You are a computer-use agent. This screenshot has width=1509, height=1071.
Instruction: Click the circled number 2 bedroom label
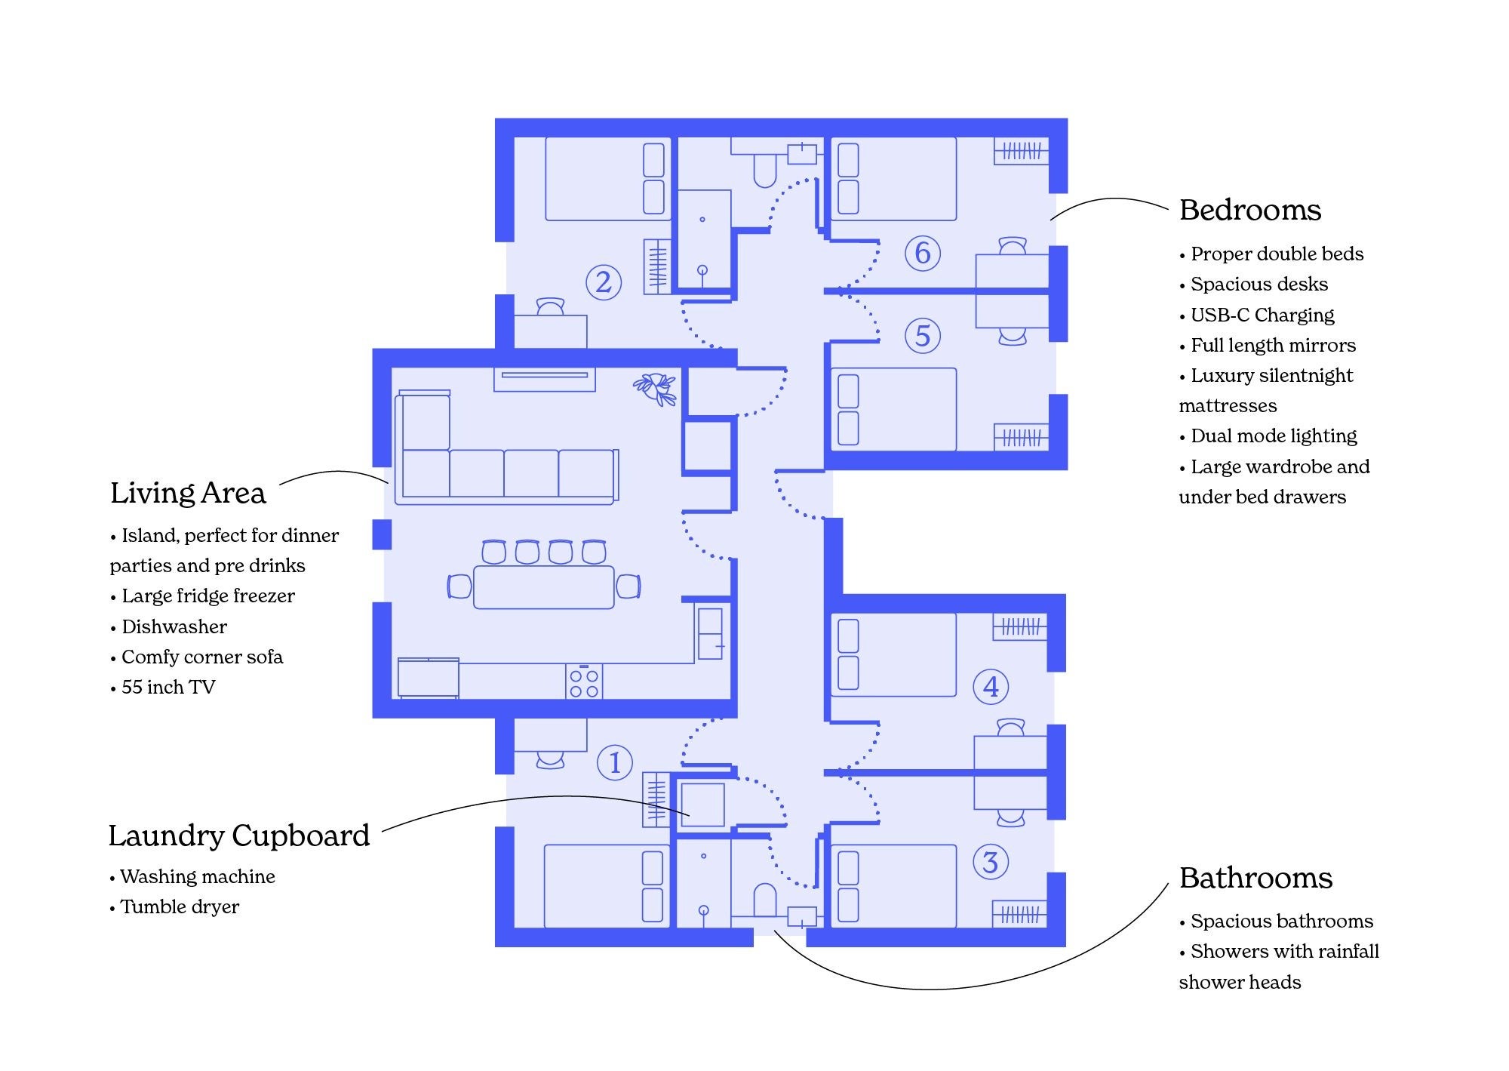click(x=604, y=282)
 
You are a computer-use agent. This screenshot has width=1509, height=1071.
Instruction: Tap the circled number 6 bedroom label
click(x=923, y=253)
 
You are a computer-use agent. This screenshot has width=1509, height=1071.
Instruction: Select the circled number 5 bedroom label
click(x=923, y=336)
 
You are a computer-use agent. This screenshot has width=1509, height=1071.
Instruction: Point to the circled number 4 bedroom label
click(x=991, y=687)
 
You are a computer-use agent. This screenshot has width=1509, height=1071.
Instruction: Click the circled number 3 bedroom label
click(x=991, y=862)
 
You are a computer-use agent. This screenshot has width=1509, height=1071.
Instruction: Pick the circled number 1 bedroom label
click(x=615, y=762)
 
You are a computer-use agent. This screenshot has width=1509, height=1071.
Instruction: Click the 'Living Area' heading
click(x=188, y=494)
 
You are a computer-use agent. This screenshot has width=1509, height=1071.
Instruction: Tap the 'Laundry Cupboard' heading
click(x=239, y=836)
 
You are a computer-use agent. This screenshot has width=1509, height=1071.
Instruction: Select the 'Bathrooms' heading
click(x=1255, y=879)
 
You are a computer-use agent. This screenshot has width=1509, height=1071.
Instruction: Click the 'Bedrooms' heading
click(x=1250, y=211)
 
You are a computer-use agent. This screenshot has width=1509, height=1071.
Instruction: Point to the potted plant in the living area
click(x=655, y=389)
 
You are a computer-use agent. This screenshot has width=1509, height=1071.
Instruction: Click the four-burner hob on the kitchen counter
click(x=584, y=682)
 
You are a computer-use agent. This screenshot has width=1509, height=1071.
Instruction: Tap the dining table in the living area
click(x=544, y=587)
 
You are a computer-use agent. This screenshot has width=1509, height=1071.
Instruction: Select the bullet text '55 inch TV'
click(x=168, y=688)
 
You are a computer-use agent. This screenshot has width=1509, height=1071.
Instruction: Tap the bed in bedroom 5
click(x=893, y=410)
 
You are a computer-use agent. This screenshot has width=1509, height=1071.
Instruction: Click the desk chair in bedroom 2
click(x=550, y=306)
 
